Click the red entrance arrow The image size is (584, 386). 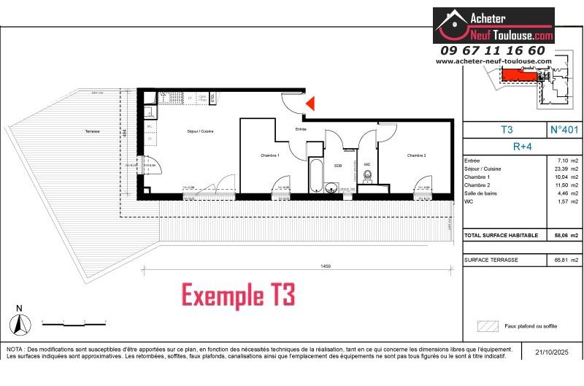[310, 104]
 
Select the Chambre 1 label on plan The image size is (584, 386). [270, 155]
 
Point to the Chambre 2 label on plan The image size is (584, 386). [416, 155]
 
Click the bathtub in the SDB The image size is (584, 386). [315, 175]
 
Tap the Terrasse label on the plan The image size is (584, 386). [92, 131]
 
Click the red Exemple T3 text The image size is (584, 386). [238, 296]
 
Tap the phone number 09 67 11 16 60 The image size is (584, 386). [493, 50]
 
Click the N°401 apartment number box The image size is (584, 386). [564, 130]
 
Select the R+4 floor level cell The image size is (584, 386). [522, 145]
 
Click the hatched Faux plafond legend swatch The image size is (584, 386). [486, 325]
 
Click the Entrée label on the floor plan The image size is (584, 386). [300, 129]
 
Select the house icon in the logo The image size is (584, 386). [453, 26]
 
